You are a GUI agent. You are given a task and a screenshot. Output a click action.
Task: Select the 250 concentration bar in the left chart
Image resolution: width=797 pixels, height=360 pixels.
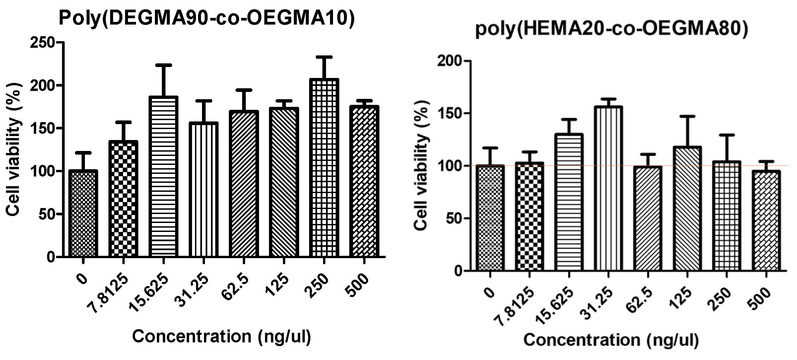[324, 168]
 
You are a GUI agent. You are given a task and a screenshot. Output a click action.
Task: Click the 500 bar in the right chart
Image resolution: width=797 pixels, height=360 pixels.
[766, 221]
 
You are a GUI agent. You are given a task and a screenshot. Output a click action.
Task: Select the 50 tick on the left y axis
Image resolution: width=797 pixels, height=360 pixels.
[46, 214]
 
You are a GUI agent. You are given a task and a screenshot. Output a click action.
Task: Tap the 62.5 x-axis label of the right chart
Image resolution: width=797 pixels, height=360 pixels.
[639, 301]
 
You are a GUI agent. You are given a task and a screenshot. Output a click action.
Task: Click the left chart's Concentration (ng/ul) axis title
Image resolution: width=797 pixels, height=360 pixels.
[222, 336]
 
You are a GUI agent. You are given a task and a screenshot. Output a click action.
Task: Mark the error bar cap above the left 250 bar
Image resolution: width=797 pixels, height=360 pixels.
[324, 57]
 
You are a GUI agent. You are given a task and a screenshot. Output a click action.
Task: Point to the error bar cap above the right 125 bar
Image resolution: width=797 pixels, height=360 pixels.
[687, 116]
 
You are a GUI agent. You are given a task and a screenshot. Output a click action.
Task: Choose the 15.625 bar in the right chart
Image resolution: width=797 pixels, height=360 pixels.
[569, 202]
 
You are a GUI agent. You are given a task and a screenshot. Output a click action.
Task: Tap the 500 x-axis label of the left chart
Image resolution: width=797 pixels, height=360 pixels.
[358, 285]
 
